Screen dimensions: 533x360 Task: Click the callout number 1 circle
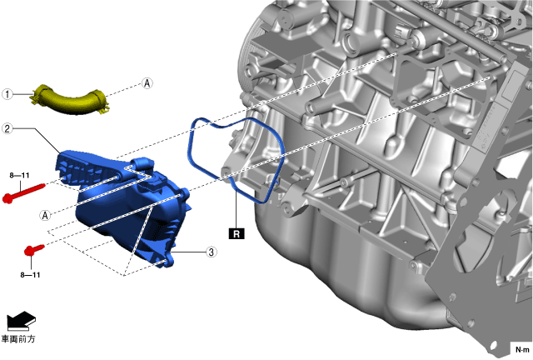(7, 94)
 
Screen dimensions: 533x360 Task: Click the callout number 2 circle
(7, 128)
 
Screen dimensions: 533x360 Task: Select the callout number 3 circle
(212, 252)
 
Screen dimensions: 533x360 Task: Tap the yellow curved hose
(71, 99)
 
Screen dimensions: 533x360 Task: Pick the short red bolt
(34, 249)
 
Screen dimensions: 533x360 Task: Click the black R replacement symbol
(237, 234)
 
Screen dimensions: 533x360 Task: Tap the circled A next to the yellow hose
(147, 83)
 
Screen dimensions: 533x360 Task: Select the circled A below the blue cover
(45, 215)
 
